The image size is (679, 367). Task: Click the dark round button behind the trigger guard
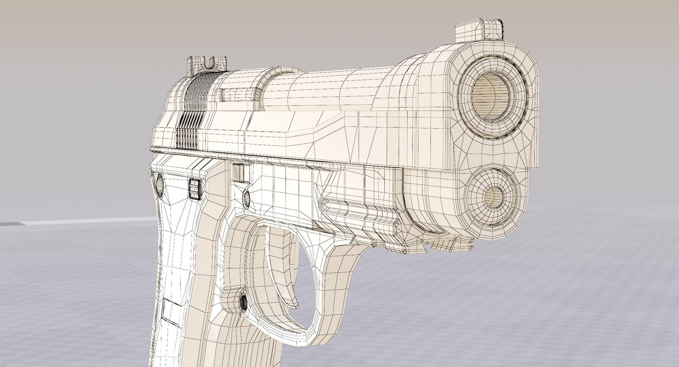click(x=243, y=302)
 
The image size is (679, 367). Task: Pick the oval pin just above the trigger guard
click(x=245, y=198)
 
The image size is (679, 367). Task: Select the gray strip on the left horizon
click(x=71, y=222)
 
